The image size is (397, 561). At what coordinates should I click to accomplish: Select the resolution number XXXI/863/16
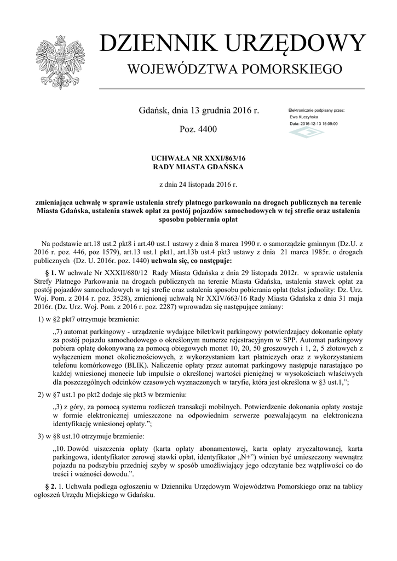pos(219,158)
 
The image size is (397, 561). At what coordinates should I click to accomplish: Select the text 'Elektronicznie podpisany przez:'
pos(317,111)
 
